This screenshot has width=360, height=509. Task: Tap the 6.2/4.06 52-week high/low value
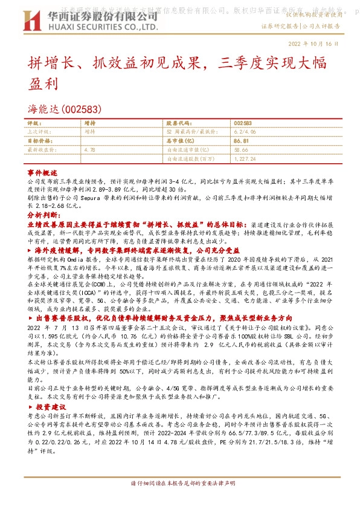click(x=245, y=131)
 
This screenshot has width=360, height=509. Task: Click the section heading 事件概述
click(x=42, y=172)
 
